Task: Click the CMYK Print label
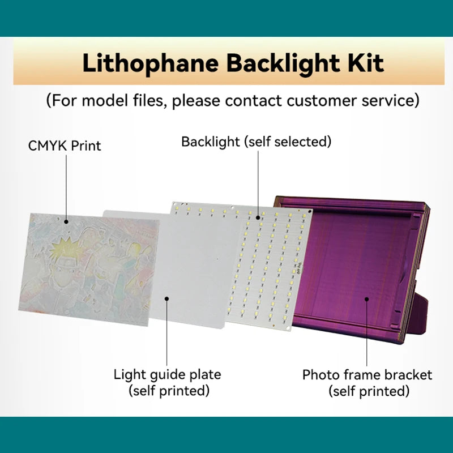tap(65, 146)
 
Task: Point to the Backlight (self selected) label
tap(256, 142)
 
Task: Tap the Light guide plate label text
tap(167, 374)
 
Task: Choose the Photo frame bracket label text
tap(367, 375)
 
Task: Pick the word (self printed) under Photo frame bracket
tap(369, 391)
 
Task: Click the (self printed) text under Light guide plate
tap(169, 390)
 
